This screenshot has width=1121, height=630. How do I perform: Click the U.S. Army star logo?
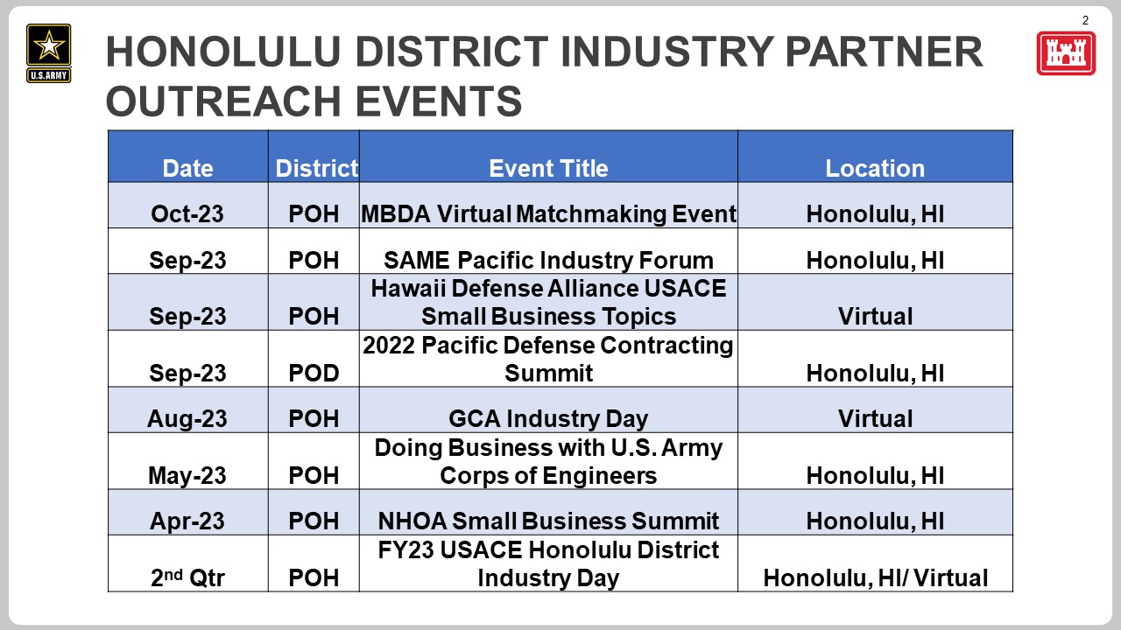tap(48, 53)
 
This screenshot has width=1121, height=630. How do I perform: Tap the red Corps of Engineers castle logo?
tap(1066, 53)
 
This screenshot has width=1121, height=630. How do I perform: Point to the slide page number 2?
tap(1085, 20)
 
